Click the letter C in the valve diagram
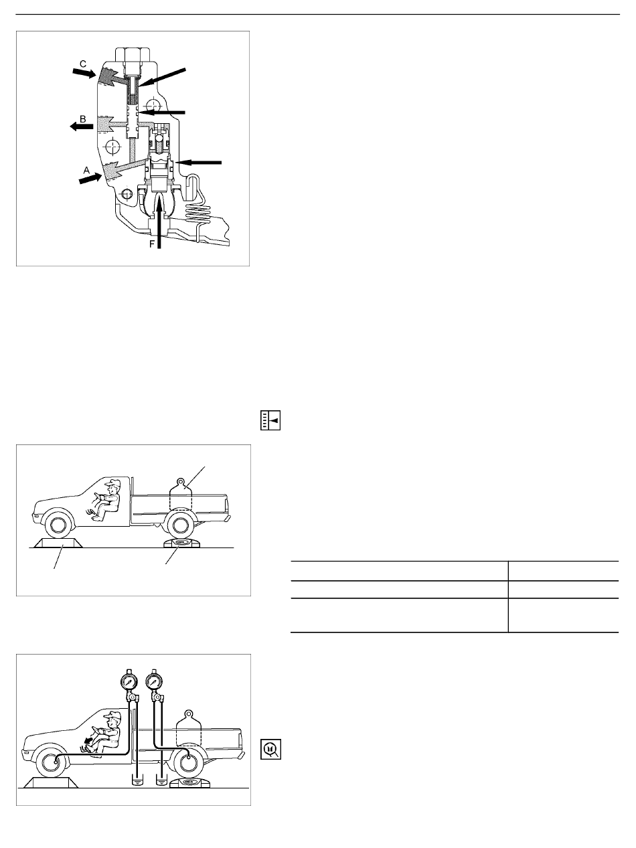point(83,64)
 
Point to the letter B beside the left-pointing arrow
point(83,119)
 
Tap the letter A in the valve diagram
point(86,170)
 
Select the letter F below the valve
point(152,244)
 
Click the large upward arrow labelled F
point(159,224)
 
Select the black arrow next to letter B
point(82,126)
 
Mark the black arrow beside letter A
point(90,179)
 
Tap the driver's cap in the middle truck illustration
point(114,483)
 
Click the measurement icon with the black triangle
point(270,420)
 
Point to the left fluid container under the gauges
point(137,780)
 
